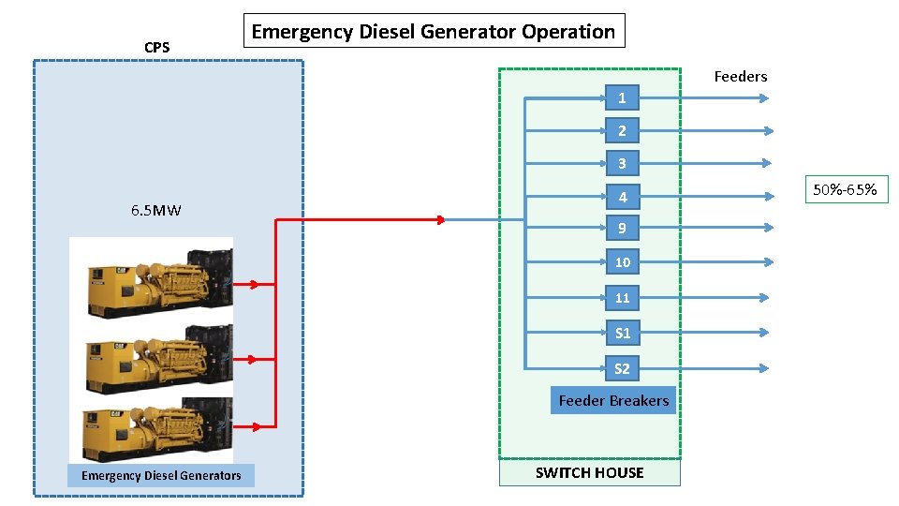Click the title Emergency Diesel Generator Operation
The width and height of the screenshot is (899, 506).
434,31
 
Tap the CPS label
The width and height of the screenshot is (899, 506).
156,47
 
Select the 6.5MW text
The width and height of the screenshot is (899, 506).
156,211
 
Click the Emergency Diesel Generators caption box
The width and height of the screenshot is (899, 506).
160,475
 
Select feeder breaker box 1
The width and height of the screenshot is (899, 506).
622,97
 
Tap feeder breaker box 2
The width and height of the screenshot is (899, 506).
622,130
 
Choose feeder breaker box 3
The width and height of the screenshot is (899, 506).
622,164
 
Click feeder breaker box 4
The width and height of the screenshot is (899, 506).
622,197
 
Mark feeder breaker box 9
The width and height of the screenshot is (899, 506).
622,228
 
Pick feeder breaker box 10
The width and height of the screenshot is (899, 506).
622,261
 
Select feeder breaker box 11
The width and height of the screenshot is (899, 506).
622,298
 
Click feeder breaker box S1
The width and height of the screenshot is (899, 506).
622,333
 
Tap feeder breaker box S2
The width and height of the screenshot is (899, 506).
622,368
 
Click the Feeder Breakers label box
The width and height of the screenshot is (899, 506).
613,400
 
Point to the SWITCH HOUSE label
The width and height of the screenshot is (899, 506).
589,472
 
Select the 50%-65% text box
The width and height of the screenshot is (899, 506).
845,190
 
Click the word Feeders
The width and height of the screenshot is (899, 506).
740,77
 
